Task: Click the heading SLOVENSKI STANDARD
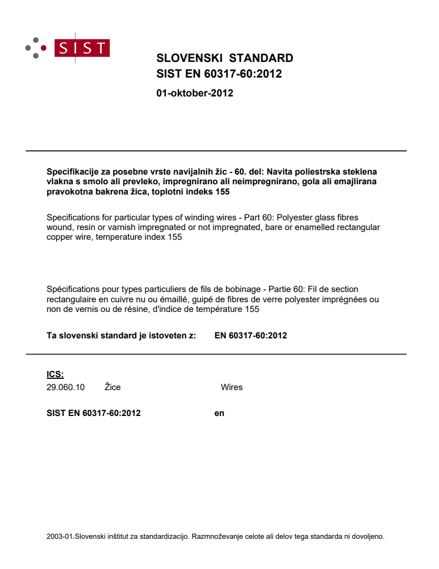[224, 58]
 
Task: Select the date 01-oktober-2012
[194, 93]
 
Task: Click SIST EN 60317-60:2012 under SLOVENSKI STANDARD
[219, 74]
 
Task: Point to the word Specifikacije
[70, 172]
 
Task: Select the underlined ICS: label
[55, 375]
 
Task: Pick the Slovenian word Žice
[113, 387]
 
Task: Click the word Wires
[231, 387]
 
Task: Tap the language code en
[219, 413]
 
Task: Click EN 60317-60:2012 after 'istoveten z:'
[250, 336]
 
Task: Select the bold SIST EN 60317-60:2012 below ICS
[94, 413]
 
